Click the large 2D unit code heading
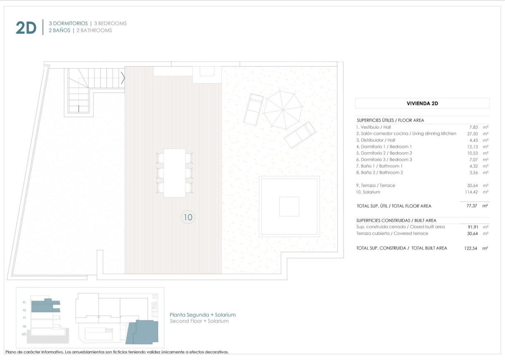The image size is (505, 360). pyautogui.click(x=26, y=28)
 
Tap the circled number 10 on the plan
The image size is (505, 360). pyautogui.click(x=188, y=217)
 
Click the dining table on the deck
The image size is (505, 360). pyautogui.click(x=174, y=173)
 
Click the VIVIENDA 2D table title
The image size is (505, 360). pyautogui.click(x=422, y=103)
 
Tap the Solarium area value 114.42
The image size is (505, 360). pyautogui.click(x=471, y=192)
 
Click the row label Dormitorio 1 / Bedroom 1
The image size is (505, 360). pyautogui.click(x=384, y=146)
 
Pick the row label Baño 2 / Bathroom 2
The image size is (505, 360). pyautogui.click(x=379, y=173)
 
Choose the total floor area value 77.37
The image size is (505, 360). pyautogui.click(x=471, y=206)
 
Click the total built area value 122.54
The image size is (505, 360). pyautogui.click(x=471, y=248)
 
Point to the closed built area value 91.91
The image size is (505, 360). pyautogui.click(x=471, y=227)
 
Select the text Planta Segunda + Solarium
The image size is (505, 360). pyautogui.click(x=203, y=315)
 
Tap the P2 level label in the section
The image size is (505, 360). pyautogui.click(x=24, y=310)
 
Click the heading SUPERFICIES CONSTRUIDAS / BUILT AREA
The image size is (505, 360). pyautogui.click(x=396, y=221)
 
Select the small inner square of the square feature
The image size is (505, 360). pyautogui.click(x=289, y=206)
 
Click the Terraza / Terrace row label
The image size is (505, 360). pyautogui.click(x=375, y=185)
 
